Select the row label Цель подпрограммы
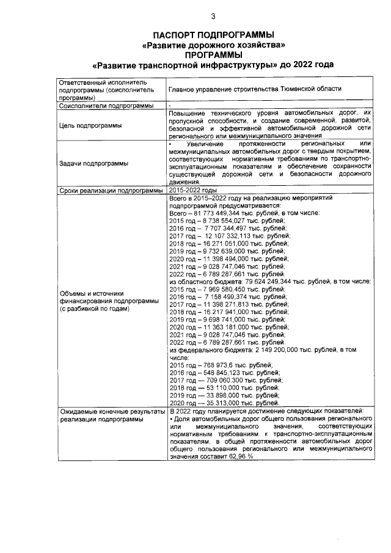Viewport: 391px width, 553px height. (89, 125)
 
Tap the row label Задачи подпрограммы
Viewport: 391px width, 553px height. (93, 163)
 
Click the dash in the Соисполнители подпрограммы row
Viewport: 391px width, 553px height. (170, 106)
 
